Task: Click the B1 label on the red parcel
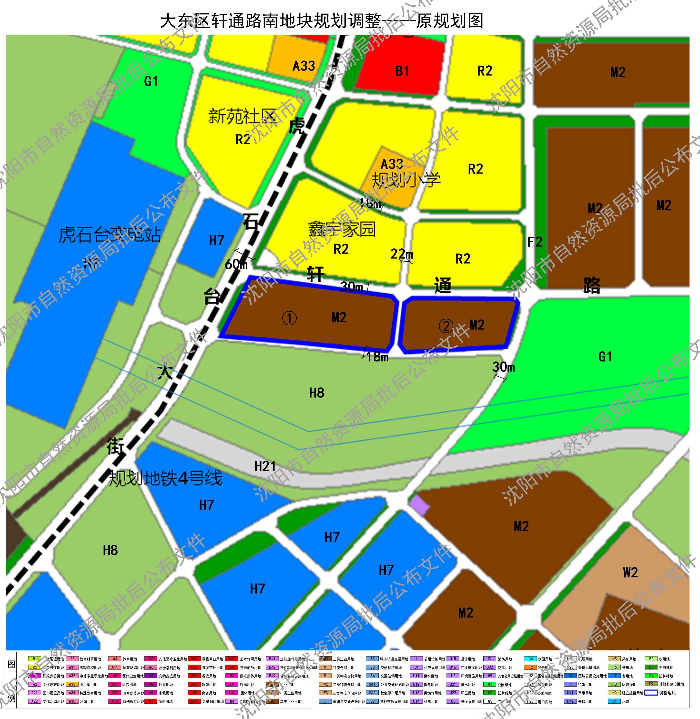click(x=402, y=71)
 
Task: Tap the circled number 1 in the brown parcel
click(x=289, y=318)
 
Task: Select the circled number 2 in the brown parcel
click(x=446, y=326)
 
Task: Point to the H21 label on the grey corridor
click(x=265, y=466)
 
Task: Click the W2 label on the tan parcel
click(x=630, y=573)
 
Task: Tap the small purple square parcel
click(x=419, y=505)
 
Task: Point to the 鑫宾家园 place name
click(x=342, y=229)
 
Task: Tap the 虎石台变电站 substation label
click(x=110, y=235)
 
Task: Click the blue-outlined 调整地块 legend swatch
click(x=651, y=693)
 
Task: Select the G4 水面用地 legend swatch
click(x=530, y=659)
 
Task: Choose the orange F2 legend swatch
click(x=530, y=667)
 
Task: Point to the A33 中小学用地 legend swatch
click(x=72, y=684)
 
